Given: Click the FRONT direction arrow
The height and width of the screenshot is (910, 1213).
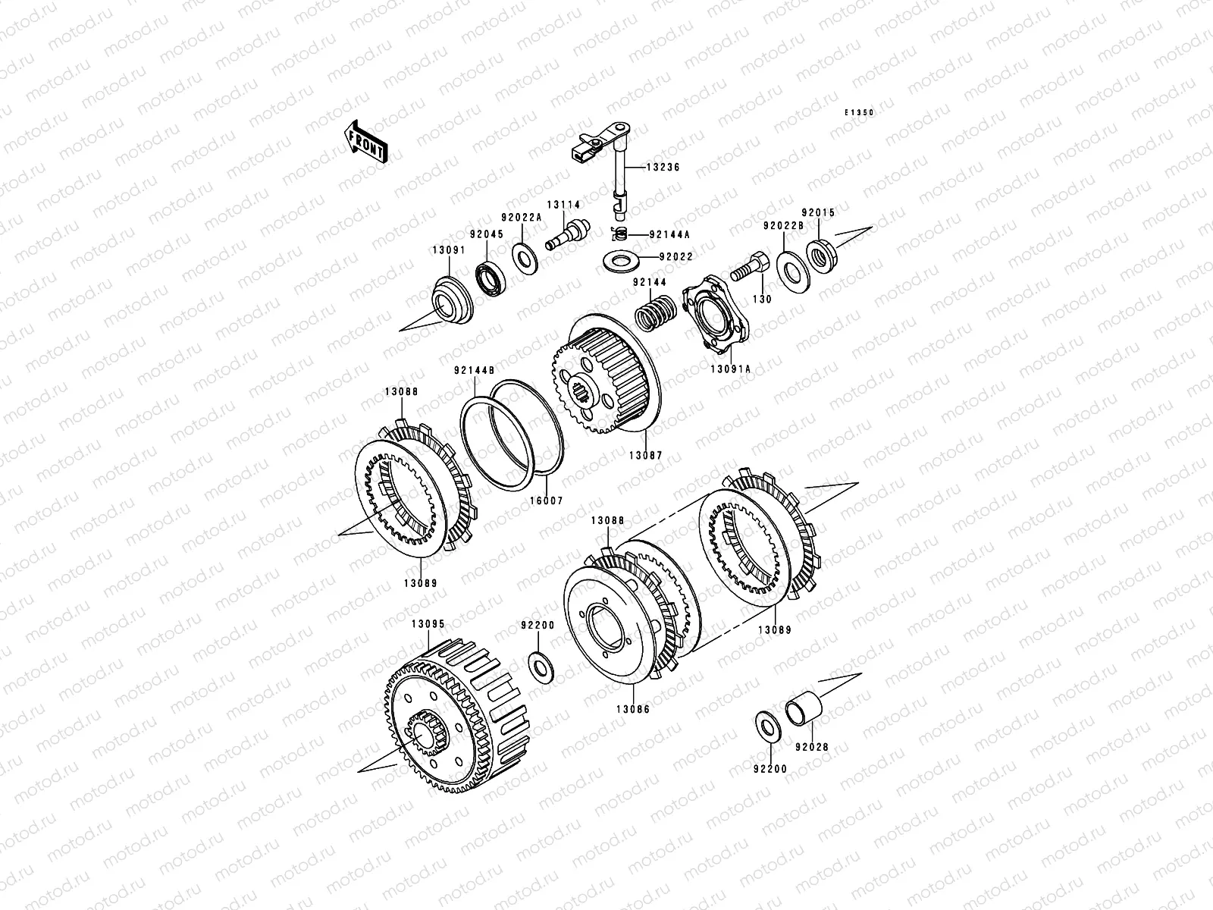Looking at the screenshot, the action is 366,142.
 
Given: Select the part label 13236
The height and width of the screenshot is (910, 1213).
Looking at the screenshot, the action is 663,167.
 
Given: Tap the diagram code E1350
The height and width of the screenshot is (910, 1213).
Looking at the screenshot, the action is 859,113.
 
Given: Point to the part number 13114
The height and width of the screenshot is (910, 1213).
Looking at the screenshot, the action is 564,205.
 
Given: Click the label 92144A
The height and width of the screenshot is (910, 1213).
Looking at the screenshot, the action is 669,234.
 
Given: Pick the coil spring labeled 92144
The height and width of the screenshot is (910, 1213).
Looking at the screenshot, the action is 655,312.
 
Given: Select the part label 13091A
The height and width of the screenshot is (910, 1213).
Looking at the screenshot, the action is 731,369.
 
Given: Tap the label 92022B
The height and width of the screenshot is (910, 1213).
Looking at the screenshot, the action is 784,225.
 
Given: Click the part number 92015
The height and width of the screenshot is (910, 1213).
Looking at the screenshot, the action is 819,212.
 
